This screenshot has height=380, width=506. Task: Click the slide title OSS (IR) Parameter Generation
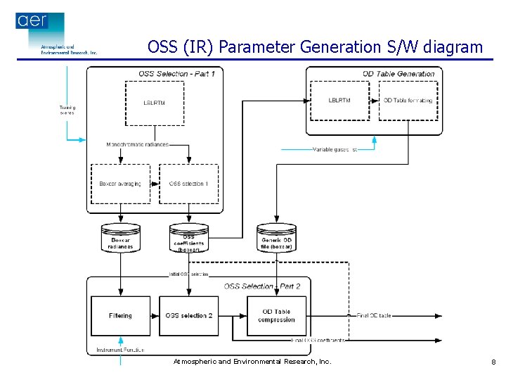click(315, 47)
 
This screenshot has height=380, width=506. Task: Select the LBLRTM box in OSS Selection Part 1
click(154, 103)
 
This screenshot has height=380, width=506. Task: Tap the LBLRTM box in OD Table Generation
click(339, 100)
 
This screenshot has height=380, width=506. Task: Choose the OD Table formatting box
click(408, 100)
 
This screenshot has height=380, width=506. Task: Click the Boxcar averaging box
click(120, 184)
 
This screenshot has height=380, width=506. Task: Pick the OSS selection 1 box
click(188, 184)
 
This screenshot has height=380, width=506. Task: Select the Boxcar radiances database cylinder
click(121, 239)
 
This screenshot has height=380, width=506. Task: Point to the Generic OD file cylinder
click(276, 239)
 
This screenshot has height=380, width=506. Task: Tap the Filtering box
click(120, 316)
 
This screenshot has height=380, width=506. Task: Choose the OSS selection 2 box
click(188, 316)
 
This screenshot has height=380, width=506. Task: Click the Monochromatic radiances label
click(138, 145)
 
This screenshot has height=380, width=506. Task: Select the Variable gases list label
click(335, 149)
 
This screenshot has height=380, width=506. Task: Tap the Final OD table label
click(374, 315)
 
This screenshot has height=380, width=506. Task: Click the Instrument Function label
click(119, 350)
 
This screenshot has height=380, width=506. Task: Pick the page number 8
click(493, 362)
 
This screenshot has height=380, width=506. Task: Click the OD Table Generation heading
click(398, 74)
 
